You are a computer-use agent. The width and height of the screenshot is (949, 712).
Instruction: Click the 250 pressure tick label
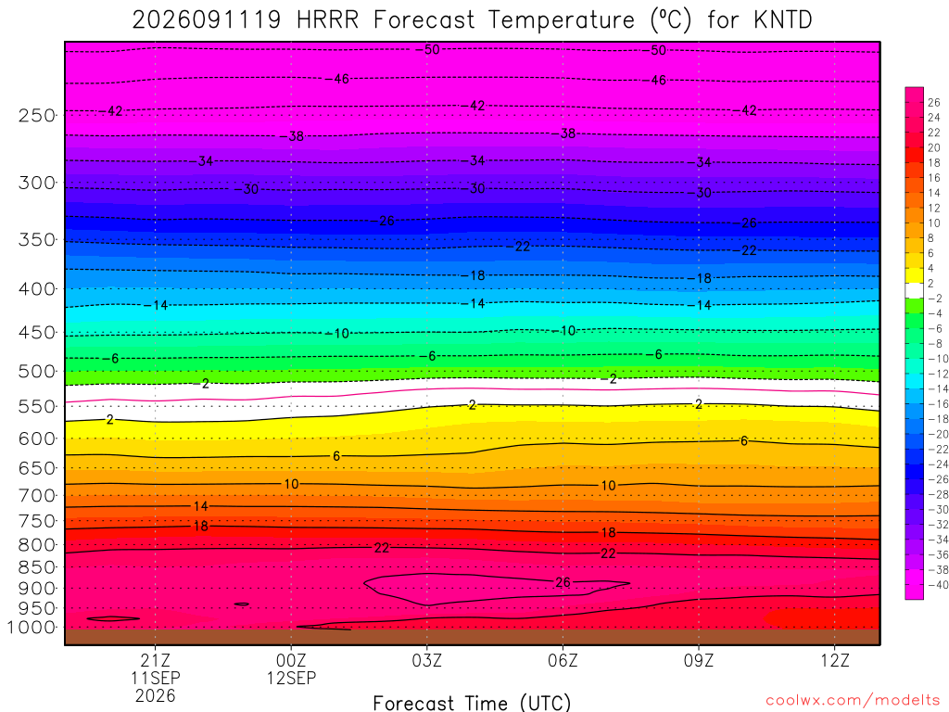click(37, 115)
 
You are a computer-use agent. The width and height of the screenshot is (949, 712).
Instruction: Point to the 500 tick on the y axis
click(37, 371)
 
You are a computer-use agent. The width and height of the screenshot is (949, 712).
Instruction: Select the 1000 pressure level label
click(32, 628)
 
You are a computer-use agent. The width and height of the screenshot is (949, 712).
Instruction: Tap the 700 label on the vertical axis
click(37, 495)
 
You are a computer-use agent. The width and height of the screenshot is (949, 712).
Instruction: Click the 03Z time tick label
click(426, 660)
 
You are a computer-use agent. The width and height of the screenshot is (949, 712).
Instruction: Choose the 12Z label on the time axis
click(835, 660)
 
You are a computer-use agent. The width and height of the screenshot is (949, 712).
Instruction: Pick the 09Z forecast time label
click(699, 660)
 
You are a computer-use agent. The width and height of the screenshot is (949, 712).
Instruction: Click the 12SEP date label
click(291, 678)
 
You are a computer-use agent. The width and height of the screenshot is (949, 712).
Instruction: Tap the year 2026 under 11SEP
click(155, 696)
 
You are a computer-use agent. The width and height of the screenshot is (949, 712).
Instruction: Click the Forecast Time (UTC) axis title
click(472, 703)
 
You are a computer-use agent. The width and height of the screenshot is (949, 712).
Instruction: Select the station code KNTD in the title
click(783, 20)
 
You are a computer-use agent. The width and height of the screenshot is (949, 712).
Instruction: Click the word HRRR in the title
click(327, 20)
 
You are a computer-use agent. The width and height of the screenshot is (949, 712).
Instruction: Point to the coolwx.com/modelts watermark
click(853, 701)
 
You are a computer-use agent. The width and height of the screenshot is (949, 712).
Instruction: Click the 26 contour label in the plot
click(563, 582)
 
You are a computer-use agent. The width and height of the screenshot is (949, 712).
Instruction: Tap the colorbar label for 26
click(934, 102)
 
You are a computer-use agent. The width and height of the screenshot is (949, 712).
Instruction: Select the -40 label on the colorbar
click(938, 585)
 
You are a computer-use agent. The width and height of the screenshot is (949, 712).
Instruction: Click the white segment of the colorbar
click(914, 290)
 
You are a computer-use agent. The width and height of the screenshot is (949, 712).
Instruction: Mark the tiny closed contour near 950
click(242, 604)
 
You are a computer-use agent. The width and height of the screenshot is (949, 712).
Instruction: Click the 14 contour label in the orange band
click(200, 506)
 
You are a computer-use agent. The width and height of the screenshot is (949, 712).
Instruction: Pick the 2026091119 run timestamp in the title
click(207, 20)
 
